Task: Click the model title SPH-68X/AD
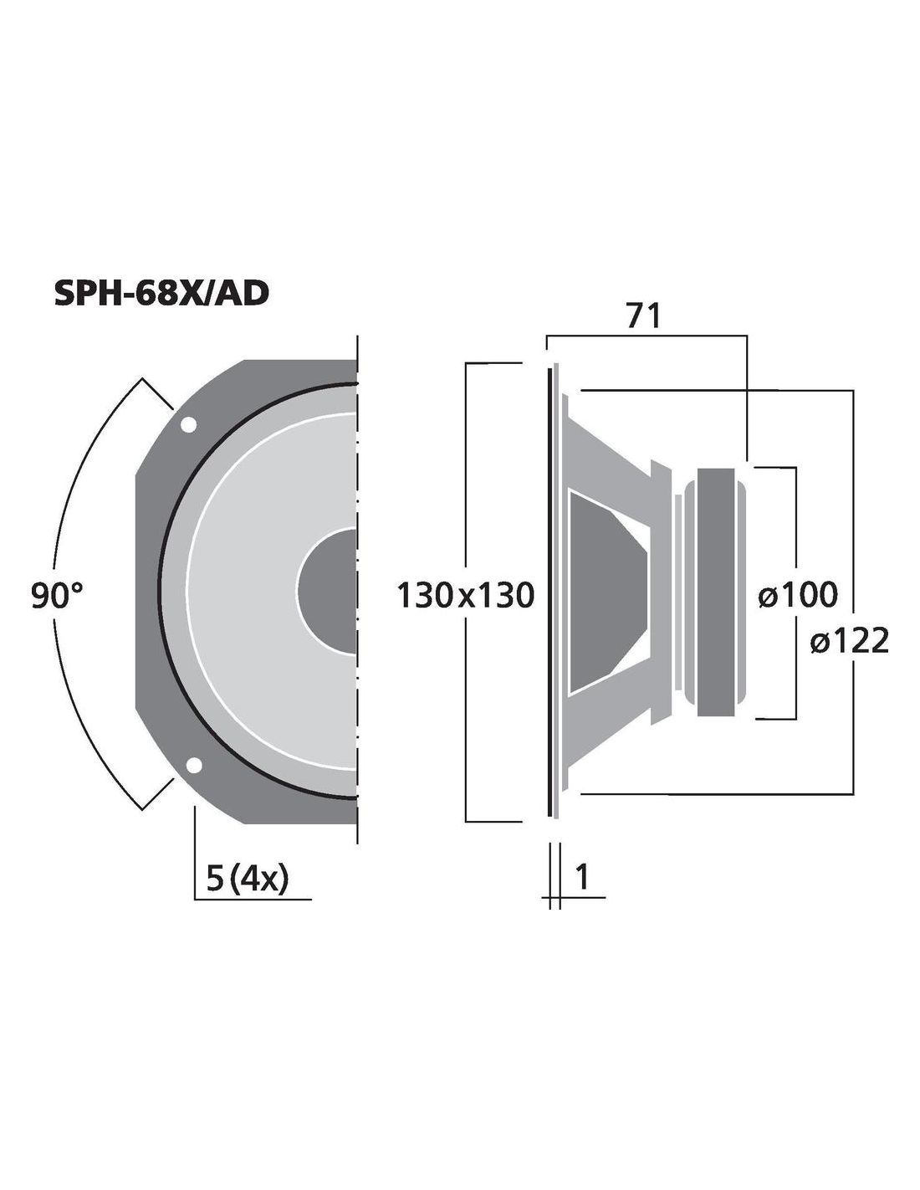click(x=161, y=294)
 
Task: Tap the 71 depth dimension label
click(x=644, y=316)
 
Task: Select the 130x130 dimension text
click(x=465, y=596)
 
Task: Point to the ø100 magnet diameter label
click(x=798, y=595)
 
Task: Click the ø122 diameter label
click(x=850, y=641)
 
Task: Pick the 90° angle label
click(x=57, y=597)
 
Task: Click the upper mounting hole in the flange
click(x=187, y=424)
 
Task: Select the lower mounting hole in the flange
click(x=194, y=765)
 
